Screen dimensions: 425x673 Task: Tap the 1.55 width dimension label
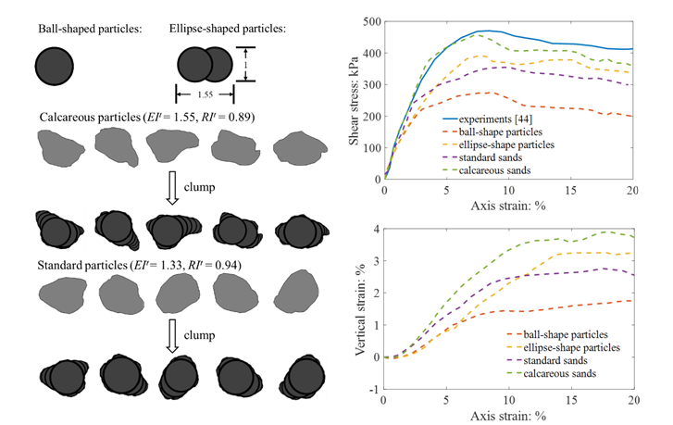(207, 94)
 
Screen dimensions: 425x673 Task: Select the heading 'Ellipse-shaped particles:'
(228, 28)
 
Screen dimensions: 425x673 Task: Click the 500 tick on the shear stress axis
(372, 21)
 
